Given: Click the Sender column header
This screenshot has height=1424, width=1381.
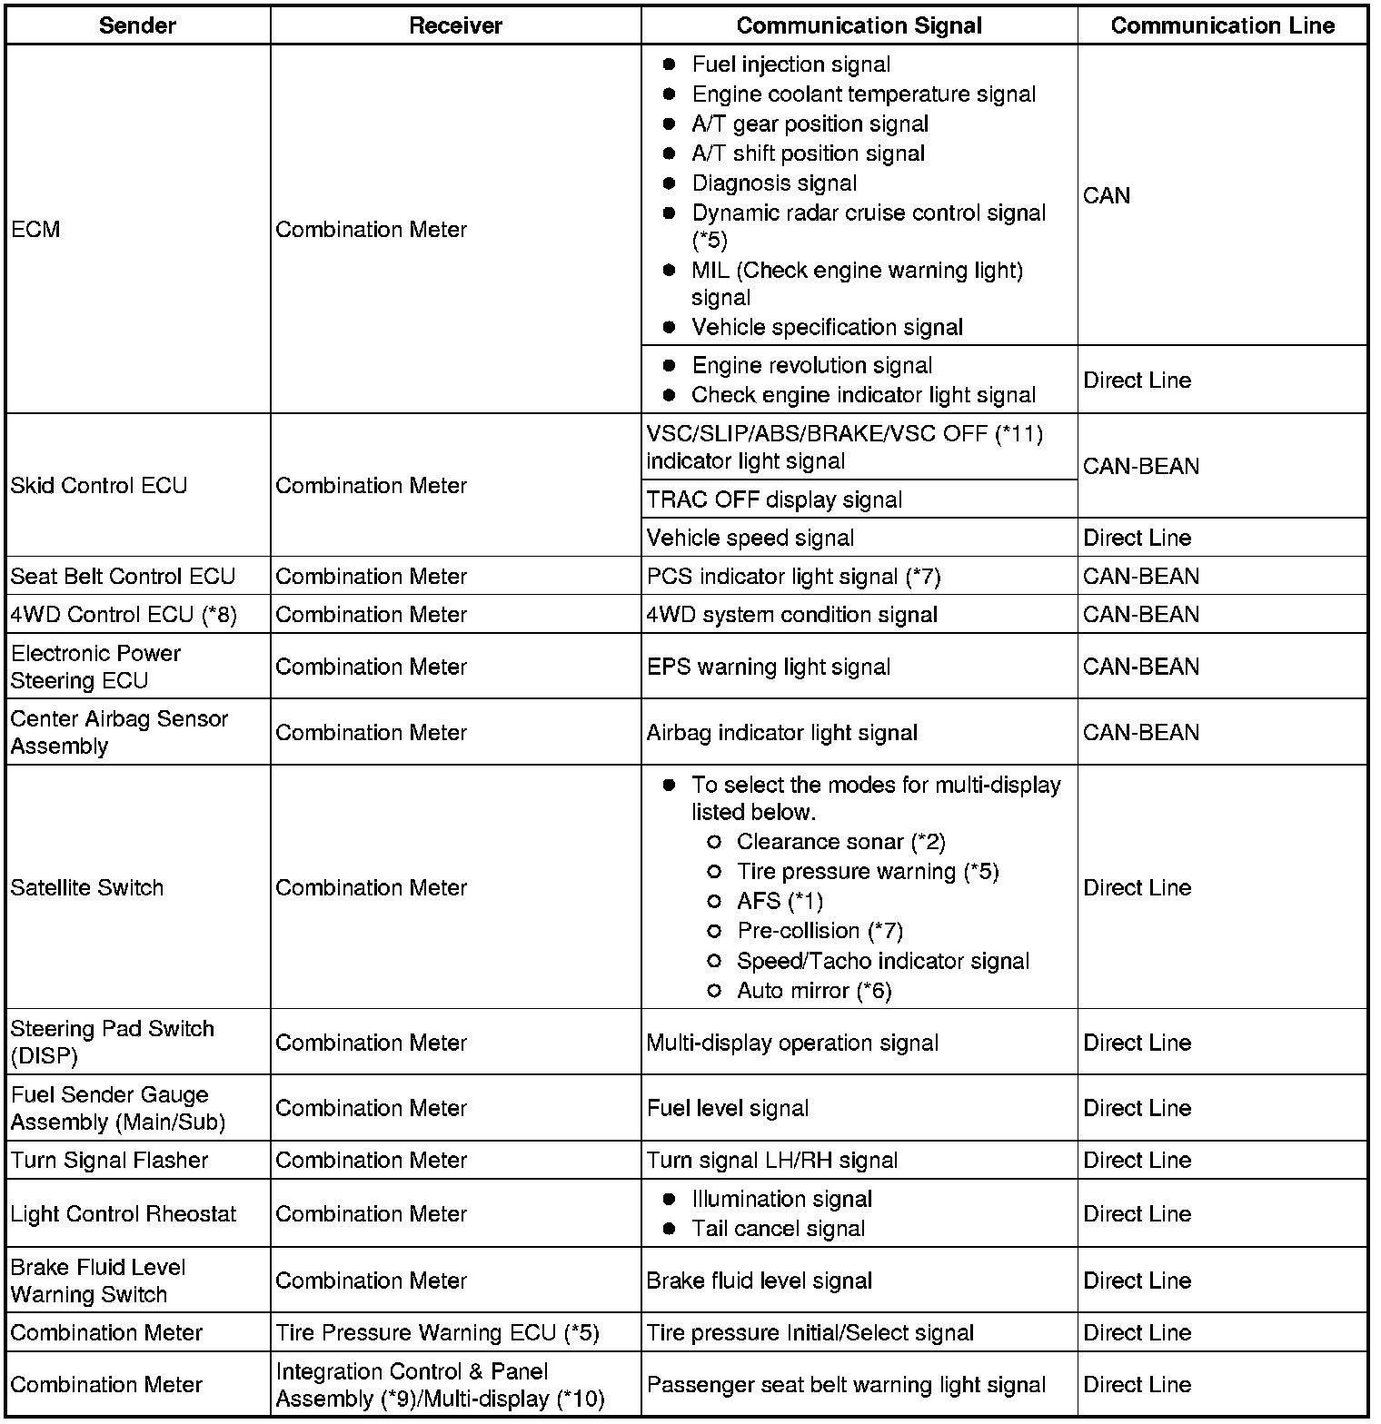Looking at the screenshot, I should coord(137,25).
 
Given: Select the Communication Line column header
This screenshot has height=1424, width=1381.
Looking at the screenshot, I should coord(1222,25).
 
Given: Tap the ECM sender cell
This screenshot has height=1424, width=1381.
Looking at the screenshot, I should coord(36,230).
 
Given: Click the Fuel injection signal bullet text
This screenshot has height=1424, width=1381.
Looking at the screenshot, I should coord(790,64).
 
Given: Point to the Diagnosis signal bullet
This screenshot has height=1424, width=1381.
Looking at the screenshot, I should coord(774,183).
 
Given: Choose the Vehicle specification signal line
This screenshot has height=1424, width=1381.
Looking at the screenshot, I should coord(827,327).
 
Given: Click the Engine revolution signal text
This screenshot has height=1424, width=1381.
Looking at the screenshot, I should coord(811,365).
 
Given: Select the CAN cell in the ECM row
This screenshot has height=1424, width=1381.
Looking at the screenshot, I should coord(1107,195).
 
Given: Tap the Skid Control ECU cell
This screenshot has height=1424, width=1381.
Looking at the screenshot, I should coord(98,486).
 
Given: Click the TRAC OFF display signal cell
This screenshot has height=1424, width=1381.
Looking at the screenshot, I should coord(774,499).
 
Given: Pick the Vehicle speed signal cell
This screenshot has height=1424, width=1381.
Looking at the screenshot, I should coord(750,538).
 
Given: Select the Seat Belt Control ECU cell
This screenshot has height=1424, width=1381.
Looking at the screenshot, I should coord(123,577).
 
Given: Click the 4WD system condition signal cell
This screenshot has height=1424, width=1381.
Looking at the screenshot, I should coord(791,615).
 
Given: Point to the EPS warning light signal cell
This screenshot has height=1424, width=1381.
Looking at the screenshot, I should coord(768,667).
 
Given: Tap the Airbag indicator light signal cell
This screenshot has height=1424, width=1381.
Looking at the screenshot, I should coord(781,733).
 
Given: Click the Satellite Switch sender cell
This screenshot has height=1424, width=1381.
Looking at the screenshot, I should coord(87,887).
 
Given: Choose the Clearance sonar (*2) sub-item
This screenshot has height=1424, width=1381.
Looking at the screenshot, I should coord(840,842).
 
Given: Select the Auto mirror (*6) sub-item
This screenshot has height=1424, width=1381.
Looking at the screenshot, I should coord(814,991).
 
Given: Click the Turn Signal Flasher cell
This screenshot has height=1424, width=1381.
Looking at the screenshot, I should coord(109,1161).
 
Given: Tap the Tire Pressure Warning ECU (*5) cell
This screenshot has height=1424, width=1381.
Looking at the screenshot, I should coord(437,1332).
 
